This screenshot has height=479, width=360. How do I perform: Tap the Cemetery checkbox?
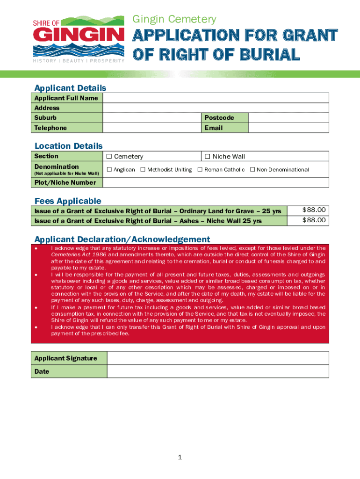(x=109, y=157)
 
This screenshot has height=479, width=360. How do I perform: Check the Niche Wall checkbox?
(x=208, y=157)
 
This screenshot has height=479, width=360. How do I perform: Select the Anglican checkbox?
(x=109, y=170)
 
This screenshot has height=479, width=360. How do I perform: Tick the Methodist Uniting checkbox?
(x=143, y=170)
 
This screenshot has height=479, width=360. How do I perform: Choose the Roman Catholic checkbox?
(x=200, y=170)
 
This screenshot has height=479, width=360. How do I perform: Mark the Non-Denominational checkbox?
(x=252, y=170)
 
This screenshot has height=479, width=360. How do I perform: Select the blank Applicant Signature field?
(x=218, y=358)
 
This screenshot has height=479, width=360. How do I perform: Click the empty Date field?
(x=218, y=371)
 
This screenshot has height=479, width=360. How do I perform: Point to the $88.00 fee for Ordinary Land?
(x=314, y=210)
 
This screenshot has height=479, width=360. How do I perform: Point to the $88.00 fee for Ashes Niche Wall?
(x=314, y=220)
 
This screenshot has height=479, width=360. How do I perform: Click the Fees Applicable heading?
(x=68, y=201)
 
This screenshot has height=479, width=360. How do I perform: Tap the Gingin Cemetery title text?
(x=174, y=19)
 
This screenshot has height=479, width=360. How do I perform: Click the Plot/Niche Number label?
(x=65, y=182)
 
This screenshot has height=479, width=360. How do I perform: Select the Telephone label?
(x=50, y=128)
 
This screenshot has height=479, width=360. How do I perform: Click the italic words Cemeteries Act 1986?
(x=79, y=254)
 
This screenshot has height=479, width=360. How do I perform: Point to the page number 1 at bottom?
(x=180, y=457)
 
